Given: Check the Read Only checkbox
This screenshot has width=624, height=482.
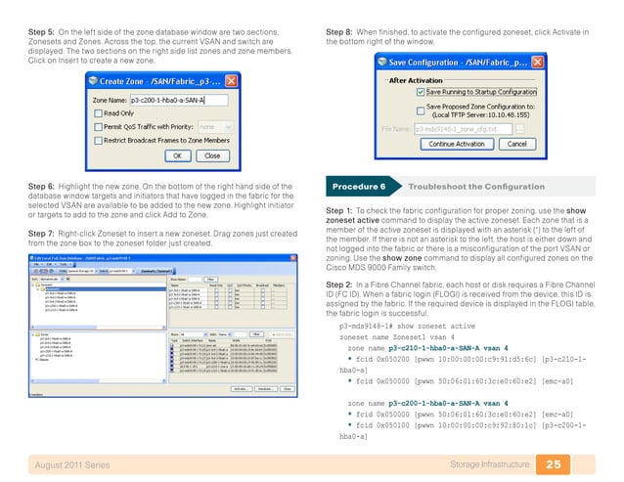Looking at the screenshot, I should coord(98,113).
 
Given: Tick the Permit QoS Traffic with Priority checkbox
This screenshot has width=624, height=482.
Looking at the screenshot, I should coord(98,126).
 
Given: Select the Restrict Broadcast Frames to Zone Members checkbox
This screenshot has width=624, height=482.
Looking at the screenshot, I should coord(98,140).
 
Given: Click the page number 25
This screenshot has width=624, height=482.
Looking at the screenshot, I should coord(554,462).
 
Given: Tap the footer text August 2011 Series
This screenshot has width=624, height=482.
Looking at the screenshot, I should coord(71,462).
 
